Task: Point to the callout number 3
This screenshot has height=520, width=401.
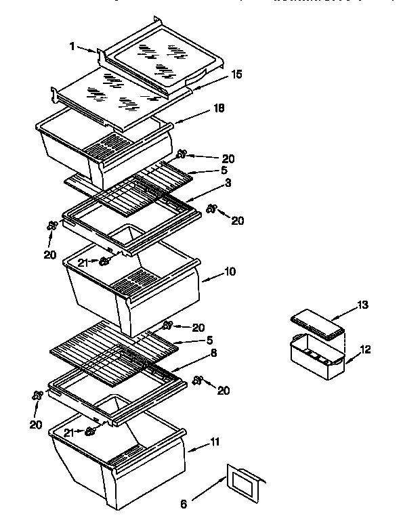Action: click(x=228, y=183)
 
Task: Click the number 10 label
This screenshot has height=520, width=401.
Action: click(x=230, y=272)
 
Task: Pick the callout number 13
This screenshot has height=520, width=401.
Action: click(x=363, y=305)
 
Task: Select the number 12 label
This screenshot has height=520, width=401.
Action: click(x=365, y=350)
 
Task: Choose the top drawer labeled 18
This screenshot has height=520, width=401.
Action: click(x=102, y=149)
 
